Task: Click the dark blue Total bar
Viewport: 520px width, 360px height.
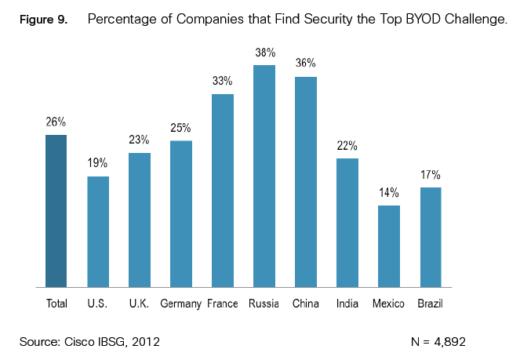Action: pos(56,211)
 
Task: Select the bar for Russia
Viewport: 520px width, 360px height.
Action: pos(264,176)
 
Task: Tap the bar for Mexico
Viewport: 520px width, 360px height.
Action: pos(389,245)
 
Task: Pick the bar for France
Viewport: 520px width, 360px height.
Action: pos(223,191)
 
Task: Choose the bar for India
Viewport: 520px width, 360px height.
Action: pos(347,222)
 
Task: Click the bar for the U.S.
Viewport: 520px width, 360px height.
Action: pos(98,231)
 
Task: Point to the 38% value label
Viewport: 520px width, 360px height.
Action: pos(264,53)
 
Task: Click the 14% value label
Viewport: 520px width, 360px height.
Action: pos(389,193)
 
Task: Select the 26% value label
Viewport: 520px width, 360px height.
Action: pos(56,122)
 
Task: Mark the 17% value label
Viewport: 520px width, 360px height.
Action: pos(431,175)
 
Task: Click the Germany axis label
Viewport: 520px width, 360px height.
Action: pos(181,304)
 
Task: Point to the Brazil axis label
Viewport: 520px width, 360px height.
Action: pos(431,304)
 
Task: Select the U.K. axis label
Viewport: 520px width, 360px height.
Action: pos(140,304)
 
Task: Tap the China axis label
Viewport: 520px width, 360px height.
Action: pos(306,304)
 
